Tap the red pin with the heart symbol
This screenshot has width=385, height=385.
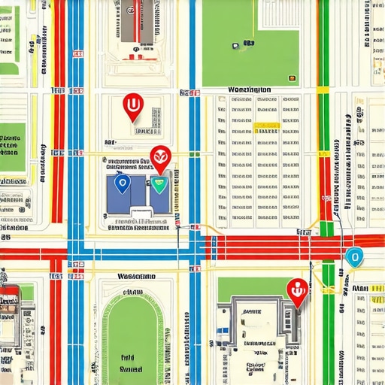(x=161, y=156)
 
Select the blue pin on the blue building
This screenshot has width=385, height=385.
(x=120, y=181)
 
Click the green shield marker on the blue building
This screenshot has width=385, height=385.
(x=159, y=183)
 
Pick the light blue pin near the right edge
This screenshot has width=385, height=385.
(x=353, y=257)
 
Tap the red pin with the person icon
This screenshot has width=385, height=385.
(x=298, y=290)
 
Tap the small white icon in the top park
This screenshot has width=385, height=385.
(x=235, y=46)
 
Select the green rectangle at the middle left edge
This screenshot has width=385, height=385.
(x=12, y=148)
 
